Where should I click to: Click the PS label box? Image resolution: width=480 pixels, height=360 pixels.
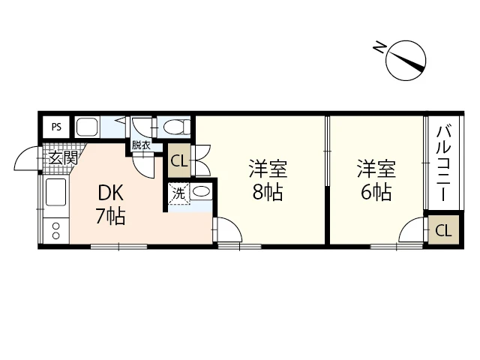pyautogui.click(x=56, y=127)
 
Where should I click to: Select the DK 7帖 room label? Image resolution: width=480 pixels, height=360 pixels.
pyautogui.click(x=110, y=205)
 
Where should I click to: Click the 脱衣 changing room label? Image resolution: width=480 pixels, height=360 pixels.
pyautogui.click(x=141, y=145)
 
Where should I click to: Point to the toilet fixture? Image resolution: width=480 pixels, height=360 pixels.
pyautogui.click(x=172, y=126)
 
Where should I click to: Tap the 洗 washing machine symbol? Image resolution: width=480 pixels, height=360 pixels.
pyautogui.click(x=178, y=193)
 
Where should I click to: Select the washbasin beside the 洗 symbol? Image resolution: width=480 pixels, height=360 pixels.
pyautogui.click(x=201, y=192)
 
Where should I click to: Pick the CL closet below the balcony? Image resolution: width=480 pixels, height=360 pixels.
pyautogui.click(x=443, y=230)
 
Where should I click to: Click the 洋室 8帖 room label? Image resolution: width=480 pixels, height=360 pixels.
pyautogui.click(x=266, y=181)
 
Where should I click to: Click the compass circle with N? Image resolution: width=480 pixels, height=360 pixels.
pyautogui.click(x=406, y=60)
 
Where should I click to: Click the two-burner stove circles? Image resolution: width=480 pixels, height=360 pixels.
pyautogui.click(x=55, y=230)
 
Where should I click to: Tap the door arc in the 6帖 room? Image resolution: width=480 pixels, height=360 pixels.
pyautogui.click(x=412, y=232)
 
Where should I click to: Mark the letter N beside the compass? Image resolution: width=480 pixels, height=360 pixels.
pyautogui.click(x=379, y=50)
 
